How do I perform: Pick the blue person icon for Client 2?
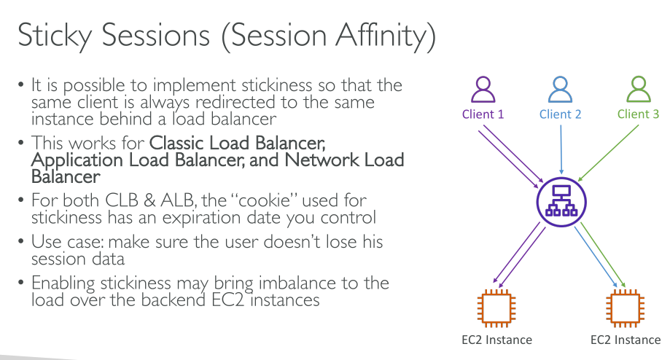(x=559, y=90)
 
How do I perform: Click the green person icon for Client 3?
(x=637, y=90)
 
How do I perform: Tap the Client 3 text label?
(x=637, y=114)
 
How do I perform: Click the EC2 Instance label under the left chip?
(x=496, y=340)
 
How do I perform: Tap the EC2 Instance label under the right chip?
(x=626, y=340)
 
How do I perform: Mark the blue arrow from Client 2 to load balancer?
(x=559, y=149)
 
